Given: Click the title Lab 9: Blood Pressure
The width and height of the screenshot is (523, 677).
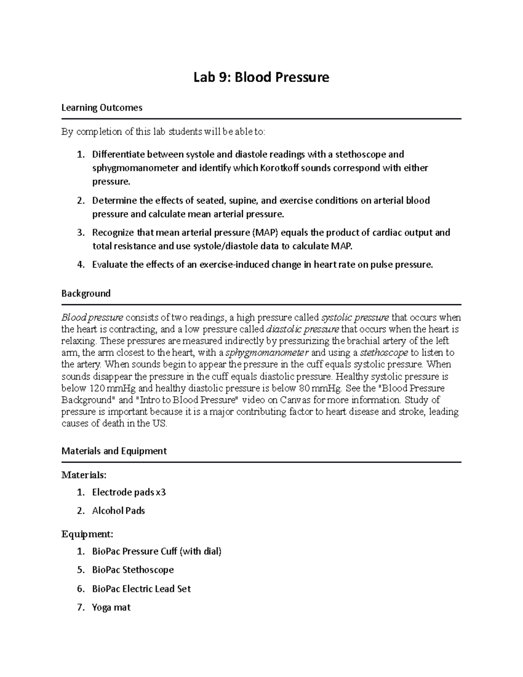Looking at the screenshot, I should click(x=261, y=78).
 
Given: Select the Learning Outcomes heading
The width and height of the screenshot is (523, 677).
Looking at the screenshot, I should click(x=102, y=108).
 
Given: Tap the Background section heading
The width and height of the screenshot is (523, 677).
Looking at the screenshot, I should click(x=86, y=293).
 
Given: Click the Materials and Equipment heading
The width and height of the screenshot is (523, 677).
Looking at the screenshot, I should click(x=114, y=451).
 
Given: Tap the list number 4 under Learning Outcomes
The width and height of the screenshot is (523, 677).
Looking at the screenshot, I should click(x=80, y=265).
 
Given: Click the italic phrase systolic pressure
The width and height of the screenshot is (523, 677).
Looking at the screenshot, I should click(x=355, y=317).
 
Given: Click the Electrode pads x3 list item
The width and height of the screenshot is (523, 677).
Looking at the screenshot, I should click(x=129, y=493).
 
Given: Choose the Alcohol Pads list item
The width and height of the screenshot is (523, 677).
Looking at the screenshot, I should click(x=118, y=511).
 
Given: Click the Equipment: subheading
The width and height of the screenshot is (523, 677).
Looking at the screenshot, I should click(x=87, y=534).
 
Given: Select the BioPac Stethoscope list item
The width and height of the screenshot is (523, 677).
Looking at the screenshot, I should click(x=132, y=570).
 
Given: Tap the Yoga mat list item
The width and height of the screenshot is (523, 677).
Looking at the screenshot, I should click(x=111, y=607).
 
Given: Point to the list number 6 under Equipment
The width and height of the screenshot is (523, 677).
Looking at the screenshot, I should click(x=80, y=589).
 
